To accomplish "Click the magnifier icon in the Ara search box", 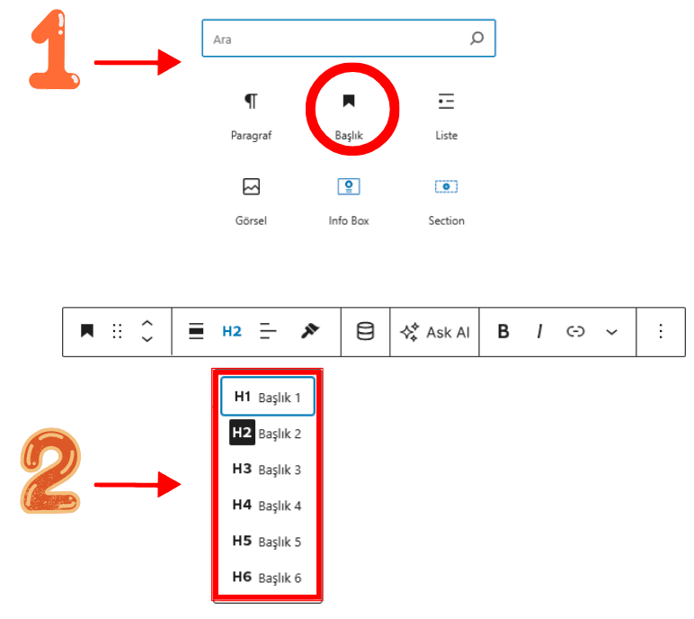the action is click(x=476, y=38).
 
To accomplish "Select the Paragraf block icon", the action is click(x=251, y=101).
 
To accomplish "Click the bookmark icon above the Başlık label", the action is click(x=349, y=101).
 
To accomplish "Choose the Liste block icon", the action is click(x=446, y=101).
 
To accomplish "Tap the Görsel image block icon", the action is click(x=251, y=186).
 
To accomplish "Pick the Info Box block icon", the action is click(x=349, y=186).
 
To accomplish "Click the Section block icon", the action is click(x=446, y=186).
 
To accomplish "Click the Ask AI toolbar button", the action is click(x=434, y=332).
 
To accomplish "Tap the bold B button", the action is click(x=503, y=331).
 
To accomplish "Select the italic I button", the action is click(x=539, y=331).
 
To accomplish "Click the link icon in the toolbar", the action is click(x=575, y=331).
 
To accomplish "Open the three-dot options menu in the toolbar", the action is click(x=661, y=331).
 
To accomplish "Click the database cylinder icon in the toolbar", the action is click(x=365, y=331).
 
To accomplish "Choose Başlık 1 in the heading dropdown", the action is click(x=267, y=397).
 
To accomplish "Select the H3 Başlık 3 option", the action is click(x=267, y=469).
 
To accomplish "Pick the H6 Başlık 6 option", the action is click(x=267, y=578).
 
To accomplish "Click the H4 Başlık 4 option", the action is click(x=267, y=505).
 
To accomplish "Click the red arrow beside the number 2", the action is click(x=138, y=485).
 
